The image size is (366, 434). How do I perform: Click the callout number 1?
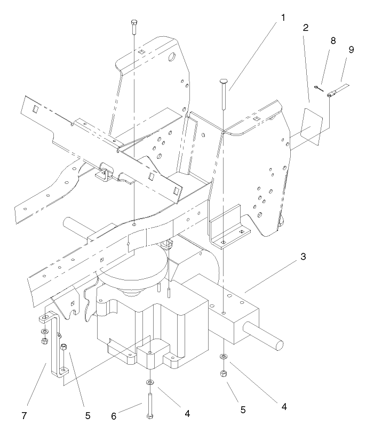[x=283, y=17]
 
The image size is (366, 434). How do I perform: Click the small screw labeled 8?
[x=319, y=88]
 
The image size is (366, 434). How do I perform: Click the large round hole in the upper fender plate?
[x=173, y=57]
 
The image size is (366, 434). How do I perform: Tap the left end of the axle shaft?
[x=68, y=222]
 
